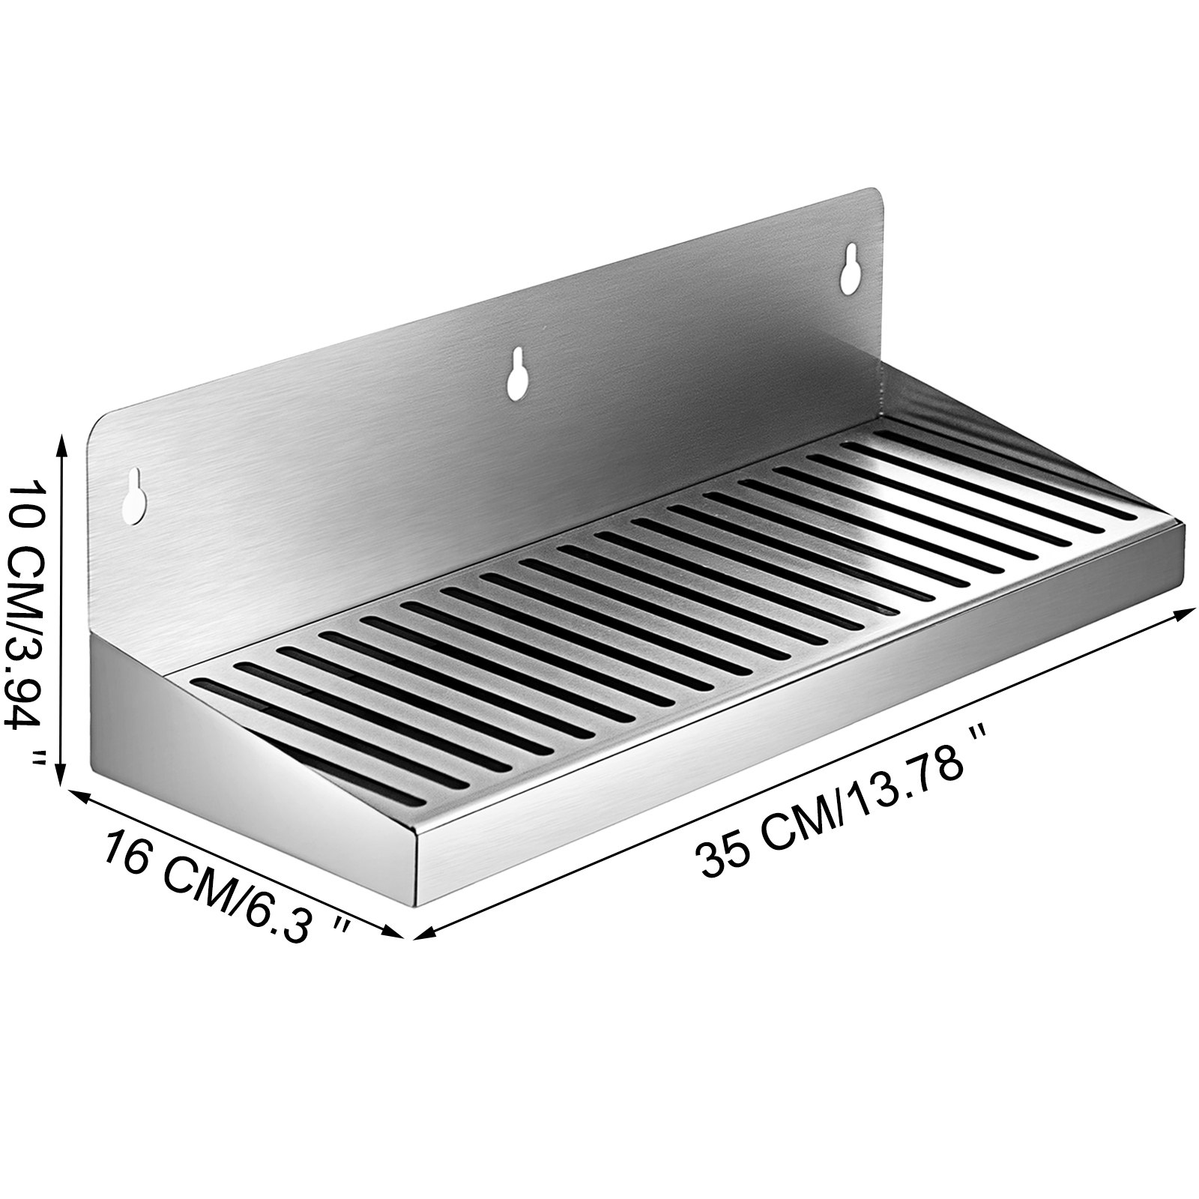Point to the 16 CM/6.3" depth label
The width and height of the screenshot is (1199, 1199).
coord(225,884)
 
